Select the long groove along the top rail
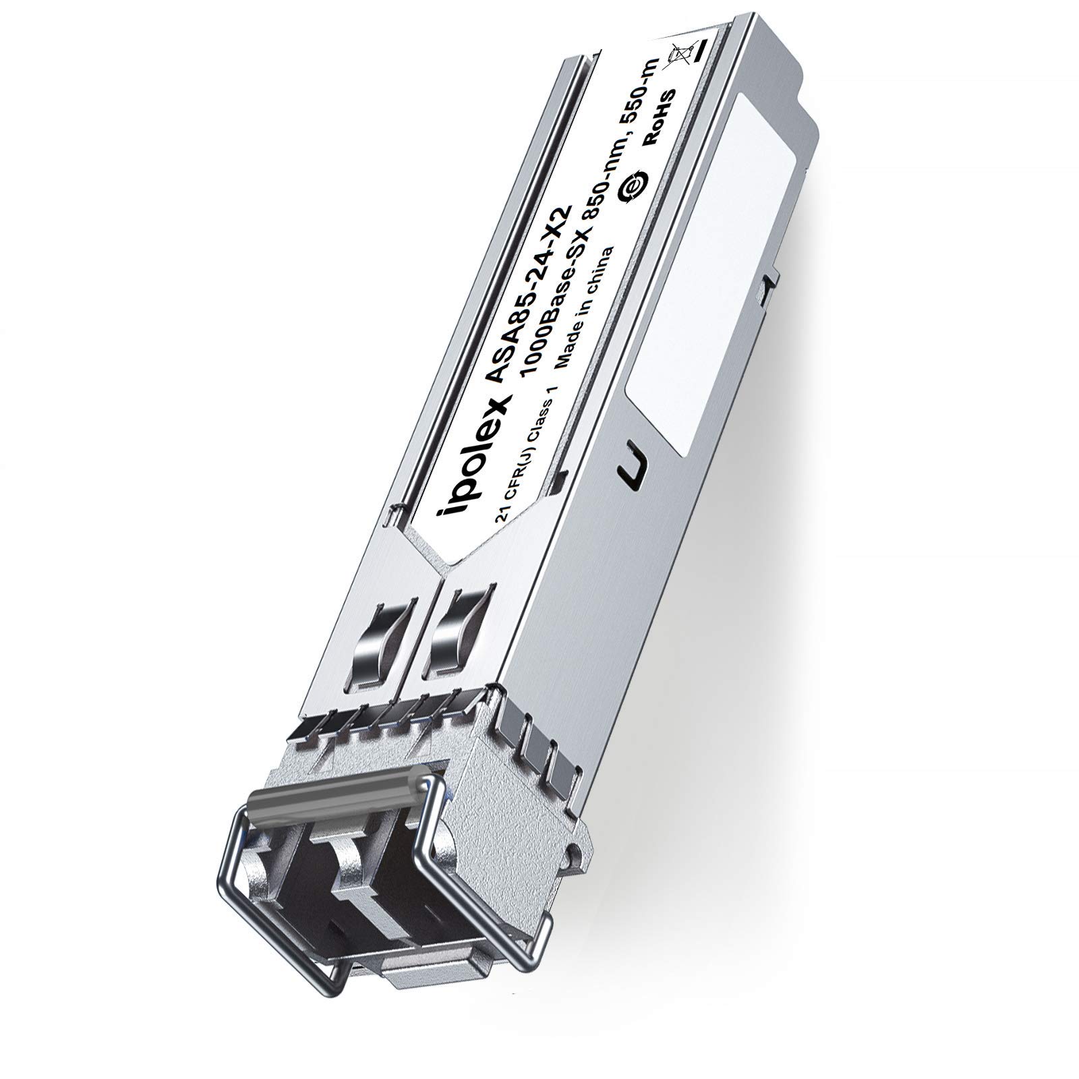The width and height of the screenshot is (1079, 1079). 472,270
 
